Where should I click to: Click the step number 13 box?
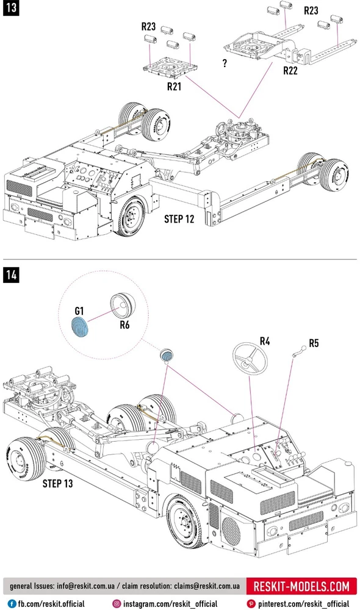click(x=11, y=7)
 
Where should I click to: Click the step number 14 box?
click(x=11, y=275)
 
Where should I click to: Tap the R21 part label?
click(x=175, y=87)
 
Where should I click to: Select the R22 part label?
click(x=290, y=70)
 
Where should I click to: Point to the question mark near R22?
click(x=225, y=63)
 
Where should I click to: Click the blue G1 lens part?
click(x=80, y=326)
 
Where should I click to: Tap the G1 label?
click(x=79, y=311)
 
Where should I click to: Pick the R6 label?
click(x=124, y=324)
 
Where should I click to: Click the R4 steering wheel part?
click(x=250, y=358)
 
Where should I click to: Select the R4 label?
click(x=265, y=341)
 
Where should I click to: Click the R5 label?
click(x=314, y=343)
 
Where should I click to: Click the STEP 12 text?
click(x=179, y=219)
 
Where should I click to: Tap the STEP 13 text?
click(x=57, y=484)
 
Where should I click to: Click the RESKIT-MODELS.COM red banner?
click(x=301, y=586)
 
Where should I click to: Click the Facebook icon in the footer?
click(x=12, y=604)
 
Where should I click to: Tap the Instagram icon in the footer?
click(x=117, y=604)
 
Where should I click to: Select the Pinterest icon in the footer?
click(x=251, y=604)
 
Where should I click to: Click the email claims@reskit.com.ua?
click(x=207, y=586)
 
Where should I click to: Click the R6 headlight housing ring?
click(x=123, y=305)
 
